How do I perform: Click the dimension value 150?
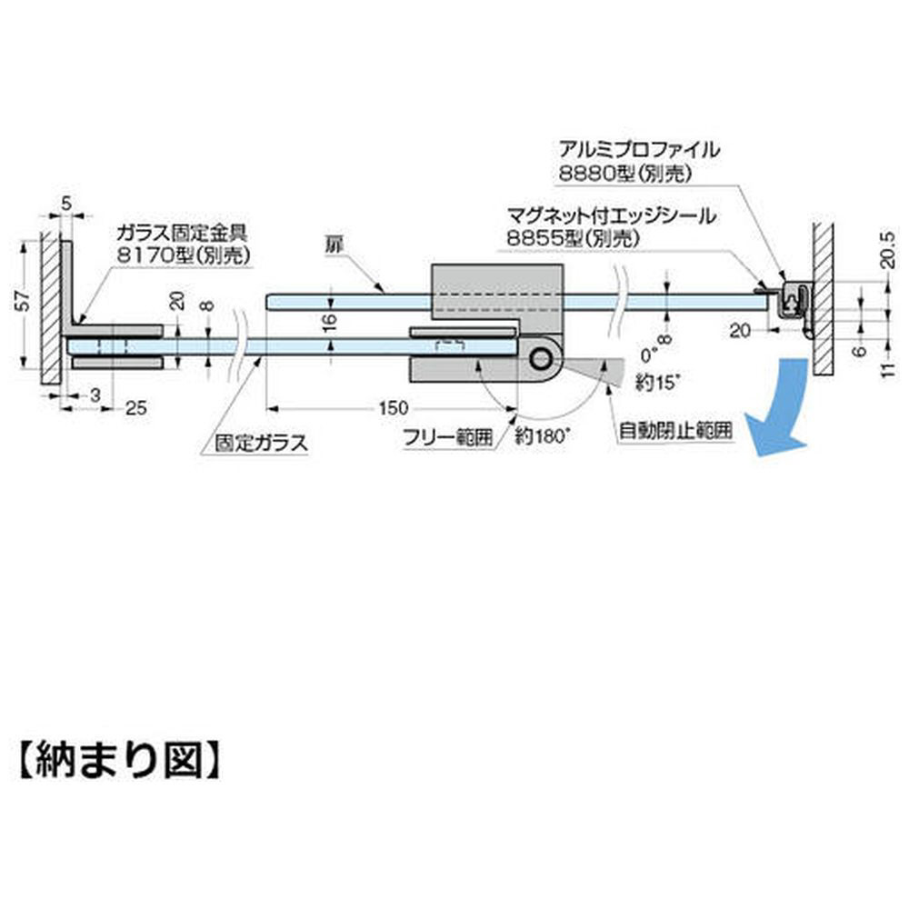coord(393,408)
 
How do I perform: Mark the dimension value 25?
coord(135,408)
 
